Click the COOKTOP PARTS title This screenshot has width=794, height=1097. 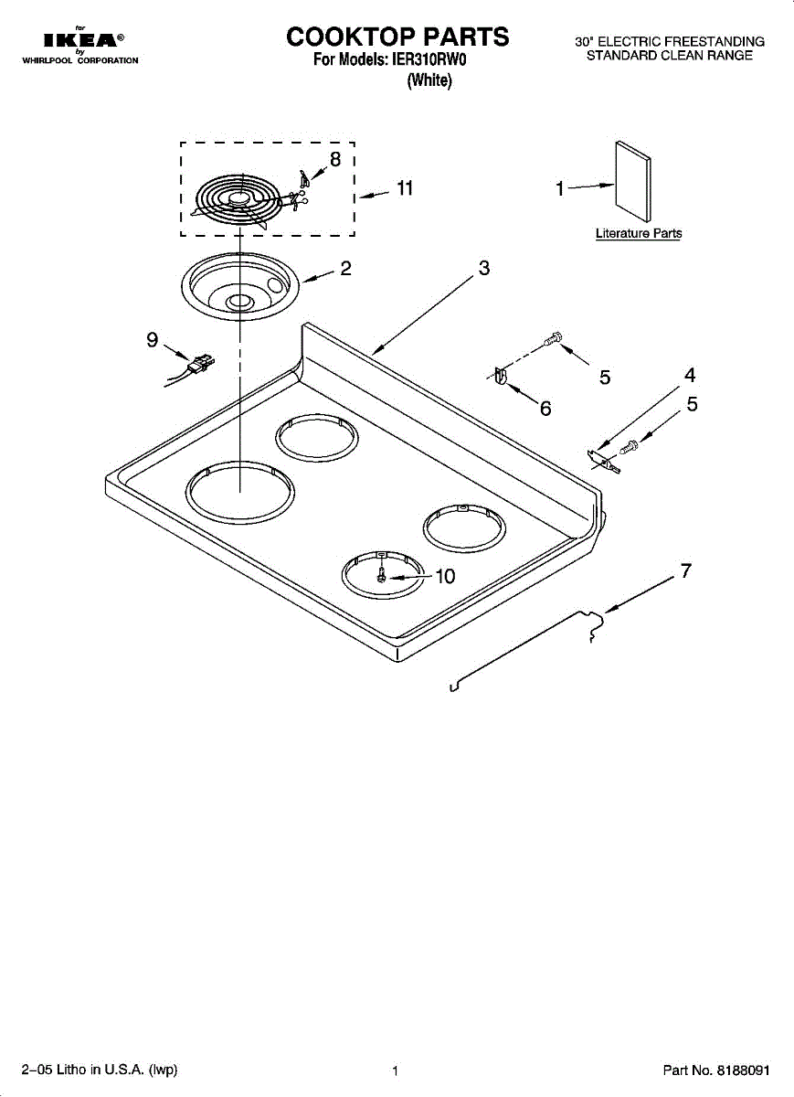tap(397, 37)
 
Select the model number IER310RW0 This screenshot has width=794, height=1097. tap(429, 61)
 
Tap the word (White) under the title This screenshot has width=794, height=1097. tap(429, 80)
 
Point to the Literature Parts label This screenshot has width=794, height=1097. tap(639, 233)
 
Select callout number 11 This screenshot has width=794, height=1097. tap(405, 188)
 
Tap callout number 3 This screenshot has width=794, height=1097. tap(484, 268)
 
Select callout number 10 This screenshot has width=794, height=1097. tap(444, 576)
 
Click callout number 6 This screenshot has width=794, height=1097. tap(545, 409)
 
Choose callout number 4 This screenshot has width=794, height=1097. tap(690, 375)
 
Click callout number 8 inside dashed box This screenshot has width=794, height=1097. tap(335, 159)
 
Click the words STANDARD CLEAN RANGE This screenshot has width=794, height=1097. tap(669, 56)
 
